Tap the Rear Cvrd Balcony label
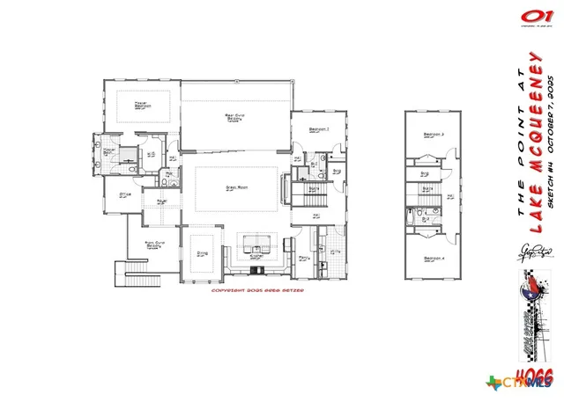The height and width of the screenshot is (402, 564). (x=234, y=116)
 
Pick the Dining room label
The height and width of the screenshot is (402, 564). (x=202, y=252)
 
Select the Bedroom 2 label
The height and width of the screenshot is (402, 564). (x=319, y=130)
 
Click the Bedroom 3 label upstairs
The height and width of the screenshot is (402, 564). (x=432, y=134)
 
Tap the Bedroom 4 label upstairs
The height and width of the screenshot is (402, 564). (x=432, y=258)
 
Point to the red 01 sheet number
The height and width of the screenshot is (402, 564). (x=532, y=16)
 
